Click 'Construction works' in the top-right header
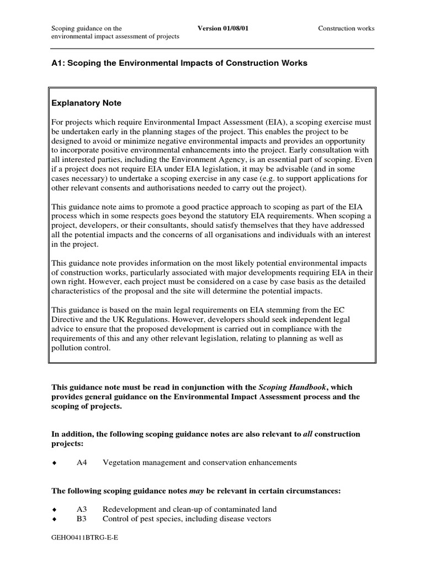pos(346,28)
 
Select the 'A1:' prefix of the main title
pos(58,63)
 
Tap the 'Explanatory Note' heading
pos(86,103)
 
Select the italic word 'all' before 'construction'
pos(307,434)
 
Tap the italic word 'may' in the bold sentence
pos(198,490)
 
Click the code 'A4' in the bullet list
pos(82,463)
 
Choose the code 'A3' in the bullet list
pos(82,509)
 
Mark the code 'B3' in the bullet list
pos(82,518)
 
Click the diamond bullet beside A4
pos(54,463)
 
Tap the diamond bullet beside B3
pos(54,519)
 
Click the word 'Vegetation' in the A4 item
pos(120,463)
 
